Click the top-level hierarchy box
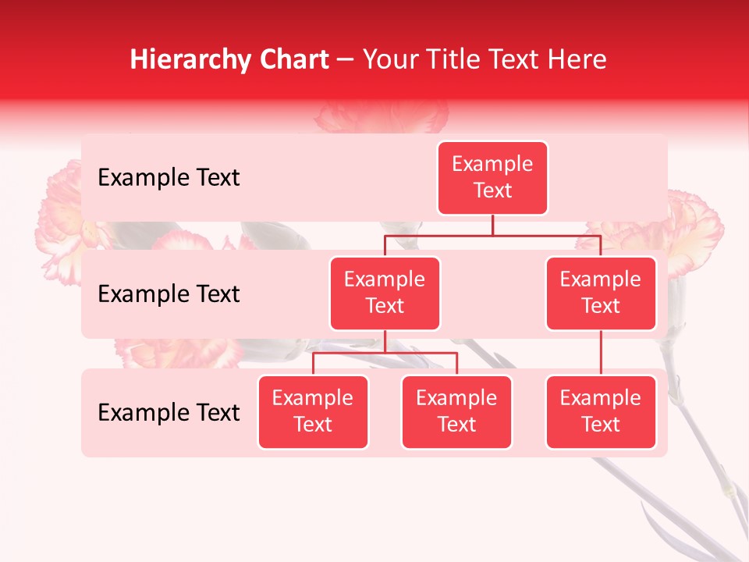point(492,178)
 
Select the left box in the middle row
point(385,293)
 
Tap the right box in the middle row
point(601,293)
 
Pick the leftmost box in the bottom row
point(313,412)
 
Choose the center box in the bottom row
point(456,412)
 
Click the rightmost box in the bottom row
point(601,412)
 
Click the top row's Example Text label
point(169,178)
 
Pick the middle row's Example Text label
point(169,294)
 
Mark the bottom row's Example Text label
point(169,413)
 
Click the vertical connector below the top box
point(492,225)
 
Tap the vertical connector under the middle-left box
point(385,341)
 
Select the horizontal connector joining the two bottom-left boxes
point(385,353)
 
